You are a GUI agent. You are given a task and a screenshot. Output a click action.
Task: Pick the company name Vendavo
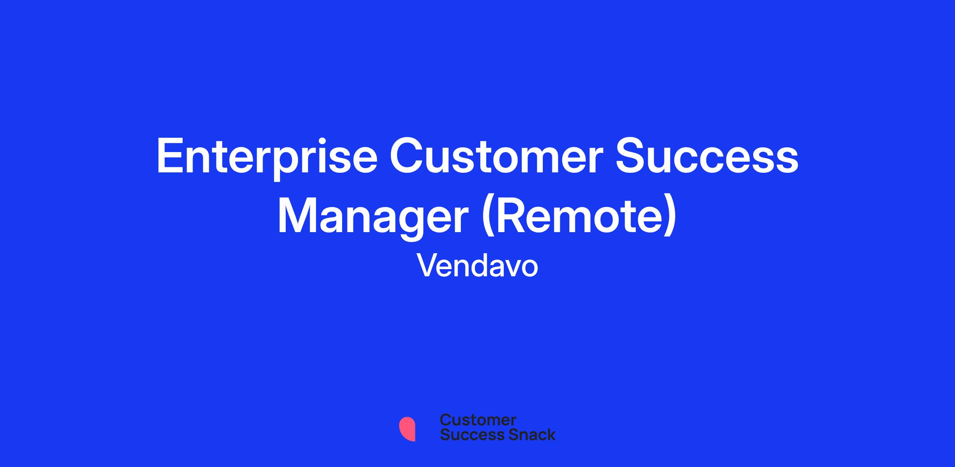tap(477, 266)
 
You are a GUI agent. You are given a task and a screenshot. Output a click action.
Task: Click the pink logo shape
tap(407, 429)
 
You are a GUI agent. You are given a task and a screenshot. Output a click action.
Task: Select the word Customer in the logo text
tap(478, 420)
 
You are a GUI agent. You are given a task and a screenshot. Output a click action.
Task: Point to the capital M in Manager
tap(297, 216)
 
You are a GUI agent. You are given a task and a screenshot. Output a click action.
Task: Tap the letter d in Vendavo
tap(481, 266)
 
